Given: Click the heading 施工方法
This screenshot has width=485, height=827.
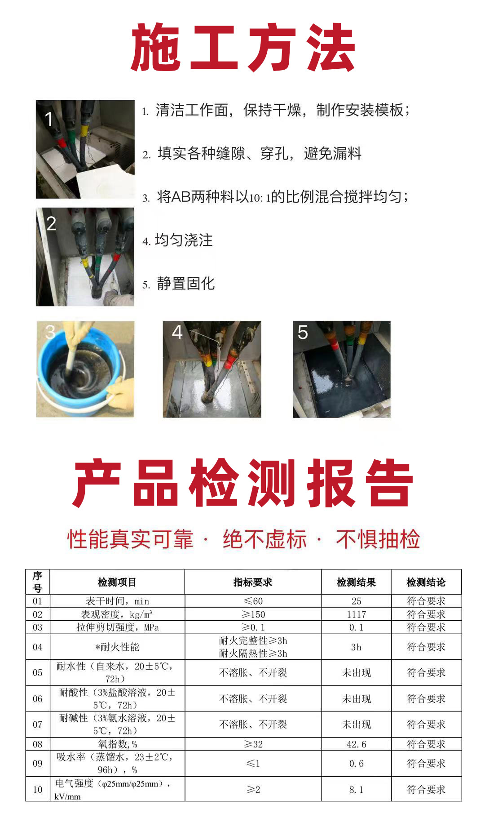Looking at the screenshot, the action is pos(243,48).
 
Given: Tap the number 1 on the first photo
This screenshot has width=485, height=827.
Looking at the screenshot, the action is pos(49,119).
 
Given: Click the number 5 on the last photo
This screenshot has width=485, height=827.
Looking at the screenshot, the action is pos(303,333).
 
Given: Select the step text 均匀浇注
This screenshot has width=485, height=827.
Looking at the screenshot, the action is pos(184,240).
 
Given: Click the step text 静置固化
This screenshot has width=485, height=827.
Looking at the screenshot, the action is pos(186,284).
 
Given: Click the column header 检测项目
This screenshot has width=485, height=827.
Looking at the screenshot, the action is pos(117,582).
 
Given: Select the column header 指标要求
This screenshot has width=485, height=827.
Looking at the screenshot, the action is pos(253,582).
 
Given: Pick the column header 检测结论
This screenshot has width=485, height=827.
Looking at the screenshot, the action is pos(426,582).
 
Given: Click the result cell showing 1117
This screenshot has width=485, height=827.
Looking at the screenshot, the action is pos(357,614).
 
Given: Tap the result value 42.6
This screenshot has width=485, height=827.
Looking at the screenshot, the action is pos(357,744).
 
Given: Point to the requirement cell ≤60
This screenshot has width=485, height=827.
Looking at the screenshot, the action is pos(253,601).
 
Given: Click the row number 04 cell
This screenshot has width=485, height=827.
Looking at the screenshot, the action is pos(38,647).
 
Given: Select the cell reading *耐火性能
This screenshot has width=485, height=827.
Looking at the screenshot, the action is pos(117,647).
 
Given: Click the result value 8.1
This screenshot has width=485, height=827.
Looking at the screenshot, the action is pos(357,790).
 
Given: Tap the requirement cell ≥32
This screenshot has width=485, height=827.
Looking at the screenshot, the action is pos(253,744).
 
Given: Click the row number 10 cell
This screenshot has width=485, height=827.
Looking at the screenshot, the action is pos(38,790).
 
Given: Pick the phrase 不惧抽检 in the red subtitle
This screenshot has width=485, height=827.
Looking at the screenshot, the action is pos(378,539).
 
